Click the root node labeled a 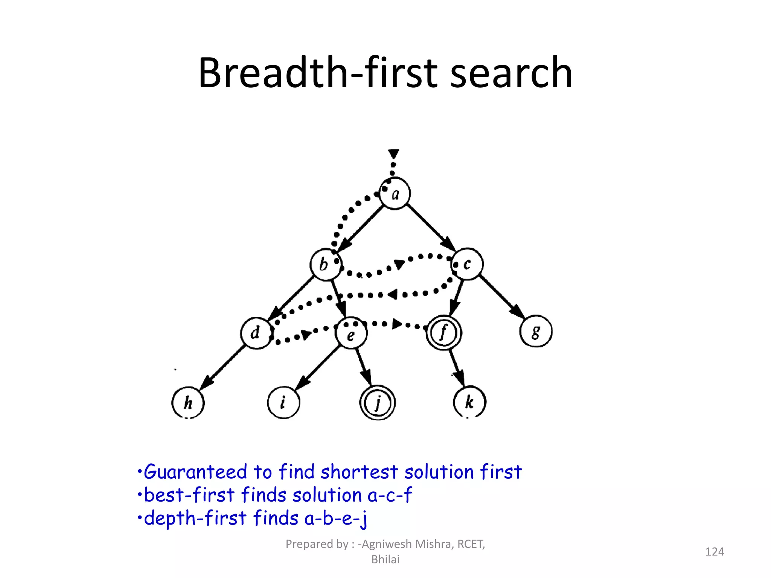tap(395, 193)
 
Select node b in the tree tap(326, 264)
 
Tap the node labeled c tap(467, 264)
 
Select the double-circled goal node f tap(444, 333)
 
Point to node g tap(536, 331)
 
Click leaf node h tap(188, 403)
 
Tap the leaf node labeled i tap(283, 403)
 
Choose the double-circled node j tap(378, 403)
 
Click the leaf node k tap(469, 402)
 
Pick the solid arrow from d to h tap(222, 368)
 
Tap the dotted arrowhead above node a tap(394, 154)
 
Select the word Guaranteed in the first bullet tap(195, 472)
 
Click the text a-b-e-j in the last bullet tap(335, 519)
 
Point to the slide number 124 tap(714, 552)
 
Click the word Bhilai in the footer tap(385, 560)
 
